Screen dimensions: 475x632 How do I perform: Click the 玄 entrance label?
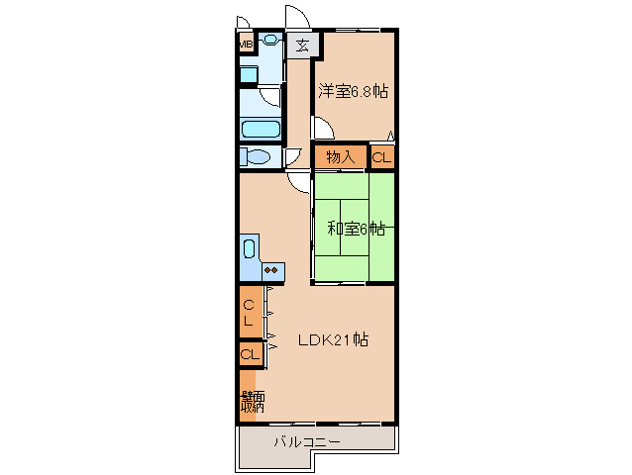(x=302, y=45)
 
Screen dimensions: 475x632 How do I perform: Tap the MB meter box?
(x=245, y=44)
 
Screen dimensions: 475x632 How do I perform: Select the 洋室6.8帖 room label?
(x=353, y=91)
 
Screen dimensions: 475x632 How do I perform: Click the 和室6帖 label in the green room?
(x=356, y=229)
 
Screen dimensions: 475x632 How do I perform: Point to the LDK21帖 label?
(x=334, y=339)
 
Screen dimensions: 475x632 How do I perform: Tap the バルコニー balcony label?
(x=307, y=440)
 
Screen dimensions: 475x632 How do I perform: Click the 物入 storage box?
(x=341, y=156)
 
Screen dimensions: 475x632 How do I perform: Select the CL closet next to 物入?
(x=382, y=156)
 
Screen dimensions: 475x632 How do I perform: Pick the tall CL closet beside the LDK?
(x=250, y=312)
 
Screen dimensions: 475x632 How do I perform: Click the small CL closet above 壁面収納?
(x=250, y=353)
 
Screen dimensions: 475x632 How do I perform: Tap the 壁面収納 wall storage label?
(x=252, y=400)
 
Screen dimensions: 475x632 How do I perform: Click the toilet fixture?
(x=257, y=156)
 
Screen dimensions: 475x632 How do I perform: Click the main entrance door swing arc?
(x=295, y=19)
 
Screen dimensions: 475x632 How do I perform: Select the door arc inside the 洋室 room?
(x=324, y=127)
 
